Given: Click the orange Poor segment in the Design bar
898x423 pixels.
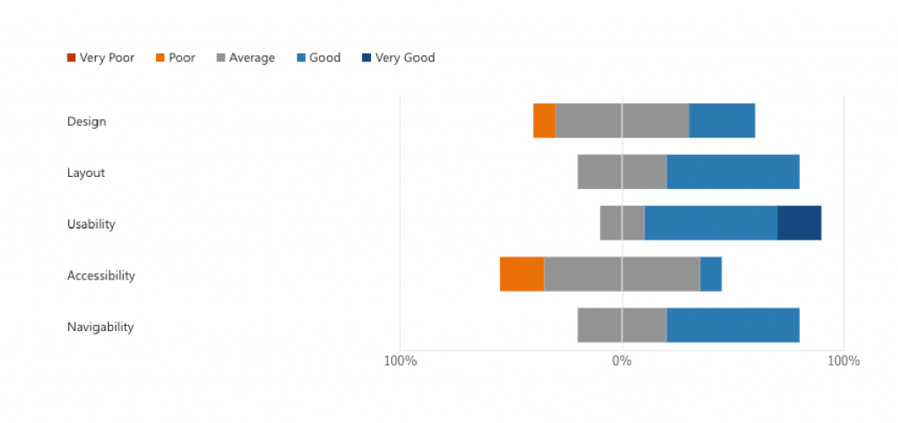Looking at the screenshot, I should [x=544, y=121].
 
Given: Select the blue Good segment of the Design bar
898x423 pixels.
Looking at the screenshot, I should [x=722, y=121].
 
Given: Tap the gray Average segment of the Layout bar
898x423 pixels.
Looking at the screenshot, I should [x=622, y=172].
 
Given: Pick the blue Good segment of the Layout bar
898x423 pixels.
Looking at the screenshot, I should [x=732, y=172].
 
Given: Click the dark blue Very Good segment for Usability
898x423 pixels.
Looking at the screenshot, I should [x=799, y=223].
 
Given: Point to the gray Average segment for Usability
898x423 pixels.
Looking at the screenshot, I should [x=622, y=223].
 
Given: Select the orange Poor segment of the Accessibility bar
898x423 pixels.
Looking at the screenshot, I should [x=522, y=274].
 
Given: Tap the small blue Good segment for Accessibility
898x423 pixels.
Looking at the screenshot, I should [x=710, y=274].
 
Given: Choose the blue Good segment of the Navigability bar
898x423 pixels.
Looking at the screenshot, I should [x=732, y=326].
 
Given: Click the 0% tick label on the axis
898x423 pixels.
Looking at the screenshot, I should [x=622, y=361].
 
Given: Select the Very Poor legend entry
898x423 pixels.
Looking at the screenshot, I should [x=100, y=58].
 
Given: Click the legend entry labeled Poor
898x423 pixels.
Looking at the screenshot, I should [x=175, y=58].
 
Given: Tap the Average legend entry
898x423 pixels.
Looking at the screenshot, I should [x=246, y=58].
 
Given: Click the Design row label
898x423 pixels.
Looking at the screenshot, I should [x=87, y=122].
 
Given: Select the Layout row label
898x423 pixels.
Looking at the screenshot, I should [x=86, y=173].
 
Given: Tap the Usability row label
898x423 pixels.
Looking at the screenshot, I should [x=91, y=224].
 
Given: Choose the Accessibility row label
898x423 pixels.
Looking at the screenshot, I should [x=101, y=276].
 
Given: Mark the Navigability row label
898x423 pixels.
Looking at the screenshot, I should [x=100, y=327].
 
